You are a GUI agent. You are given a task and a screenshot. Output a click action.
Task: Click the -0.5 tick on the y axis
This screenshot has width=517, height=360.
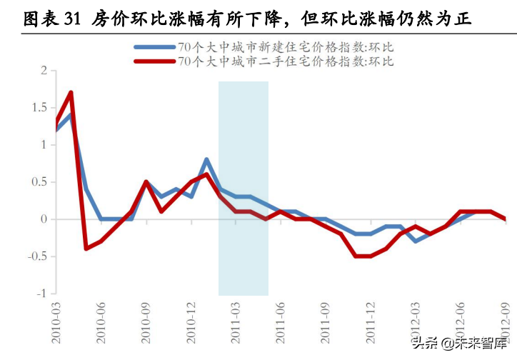pos(36,256)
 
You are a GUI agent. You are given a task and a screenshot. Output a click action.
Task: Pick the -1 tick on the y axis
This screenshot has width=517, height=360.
pos(41,294)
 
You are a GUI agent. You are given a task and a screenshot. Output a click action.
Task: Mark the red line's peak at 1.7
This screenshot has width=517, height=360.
pos(71,92)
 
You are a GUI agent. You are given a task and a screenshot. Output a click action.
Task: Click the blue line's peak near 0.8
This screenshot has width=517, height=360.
pos(206,159)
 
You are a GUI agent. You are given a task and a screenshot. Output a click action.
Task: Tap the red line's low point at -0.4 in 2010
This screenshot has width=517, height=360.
pos(86,249)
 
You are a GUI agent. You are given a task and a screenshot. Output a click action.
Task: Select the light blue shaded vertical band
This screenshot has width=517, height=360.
pos(243,188)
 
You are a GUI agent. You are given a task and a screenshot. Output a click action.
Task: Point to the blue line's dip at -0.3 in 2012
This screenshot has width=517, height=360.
pos(416,241)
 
